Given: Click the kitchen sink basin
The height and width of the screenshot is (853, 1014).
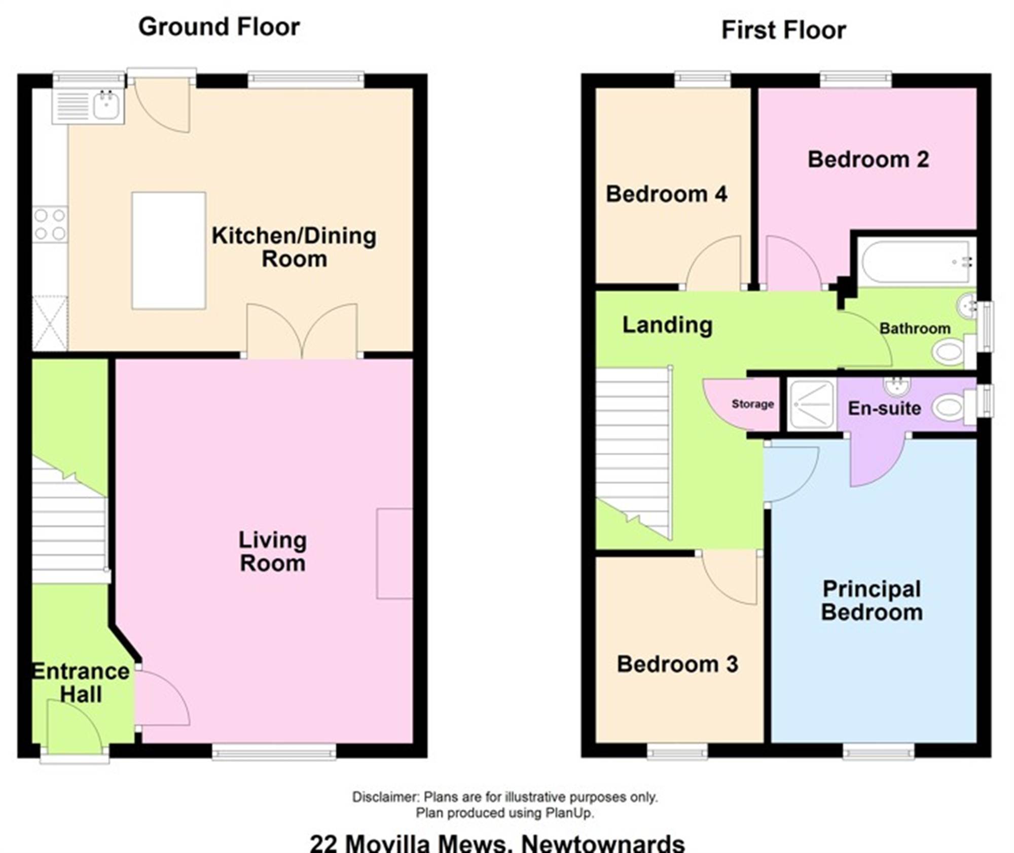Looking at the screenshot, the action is pos(106,106).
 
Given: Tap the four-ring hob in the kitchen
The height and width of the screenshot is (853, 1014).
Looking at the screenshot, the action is pos(50,224).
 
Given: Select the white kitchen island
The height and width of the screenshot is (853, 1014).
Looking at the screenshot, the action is pos(169,251).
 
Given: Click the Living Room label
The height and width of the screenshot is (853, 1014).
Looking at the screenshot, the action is pos(273,552).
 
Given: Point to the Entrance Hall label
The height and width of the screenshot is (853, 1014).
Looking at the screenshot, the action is pos(81,683).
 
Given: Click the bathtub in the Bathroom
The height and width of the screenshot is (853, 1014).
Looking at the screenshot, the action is pos(917,262).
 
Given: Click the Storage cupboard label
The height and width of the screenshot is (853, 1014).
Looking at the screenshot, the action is pos(752,404).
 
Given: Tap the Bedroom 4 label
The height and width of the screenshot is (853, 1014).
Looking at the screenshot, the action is pos(667,194).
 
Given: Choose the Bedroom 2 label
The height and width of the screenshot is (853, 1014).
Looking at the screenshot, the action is pos(868,160).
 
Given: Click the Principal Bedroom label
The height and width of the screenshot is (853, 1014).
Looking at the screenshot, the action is pos(872,600).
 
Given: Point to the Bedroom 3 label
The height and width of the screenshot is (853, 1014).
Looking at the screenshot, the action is pos(677,664).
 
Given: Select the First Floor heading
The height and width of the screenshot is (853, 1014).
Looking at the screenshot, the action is pos(784,30).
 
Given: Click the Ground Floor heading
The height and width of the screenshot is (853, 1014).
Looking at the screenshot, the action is pos(219,27).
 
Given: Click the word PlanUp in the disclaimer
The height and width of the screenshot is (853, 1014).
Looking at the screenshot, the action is pos(568,813).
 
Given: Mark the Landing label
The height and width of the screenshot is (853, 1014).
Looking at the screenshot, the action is pos(667,325).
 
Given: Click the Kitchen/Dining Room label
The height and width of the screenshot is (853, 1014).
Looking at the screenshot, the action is pos(294,247).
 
